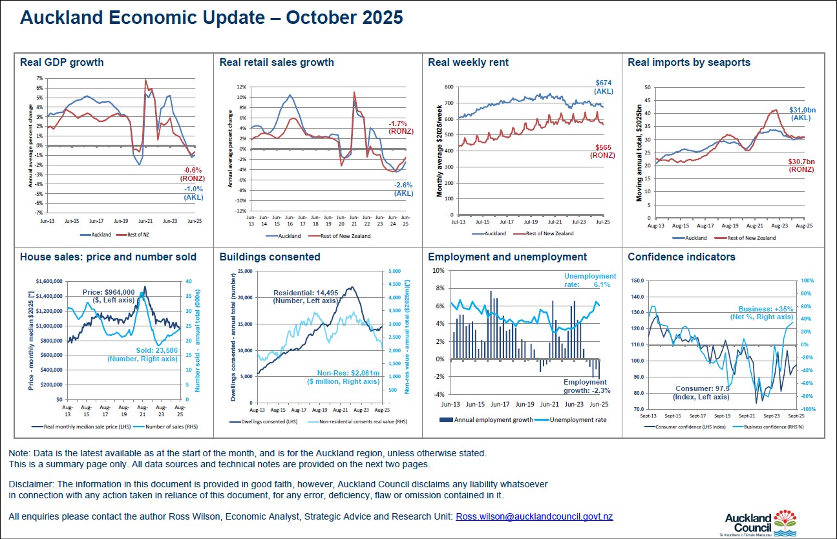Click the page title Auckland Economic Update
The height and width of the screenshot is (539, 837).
pos(211,17)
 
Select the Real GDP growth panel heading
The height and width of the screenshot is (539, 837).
pos(62,63)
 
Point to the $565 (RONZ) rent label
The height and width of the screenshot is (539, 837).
pos(602,151)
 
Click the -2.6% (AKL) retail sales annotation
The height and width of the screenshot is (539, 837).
pos(403,189)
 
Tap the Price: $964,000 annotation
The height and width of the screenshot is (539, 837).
pos(109,296)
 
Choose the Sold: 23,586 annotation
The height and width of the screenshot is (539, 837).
pos(142,355)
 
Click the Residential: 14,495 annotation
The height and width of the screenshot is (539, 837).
pos(305,297)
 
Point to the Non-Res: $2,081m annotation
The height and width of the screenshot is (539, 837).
pos(348,377)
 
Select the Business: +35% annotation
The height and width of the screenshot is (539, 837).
pos(765,313)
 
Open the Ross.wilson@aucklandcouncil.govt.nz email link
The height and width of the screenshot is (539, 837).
pos(535,516)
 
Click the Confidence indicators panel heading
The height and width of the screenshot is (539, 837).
pos(681,257)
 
